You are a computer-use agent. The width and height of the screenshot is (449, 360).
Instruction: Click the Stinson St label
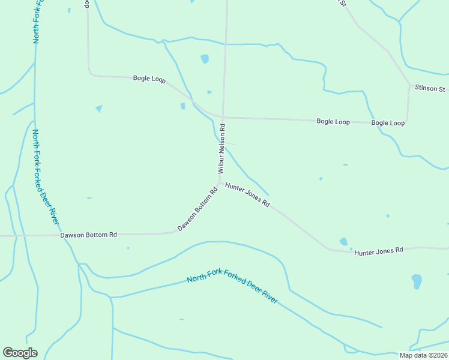pyautogui.click(x=430, y=89)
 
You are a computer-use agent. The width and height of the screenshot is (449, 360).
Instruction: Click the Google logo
pyautogui.click(x=20, y=352)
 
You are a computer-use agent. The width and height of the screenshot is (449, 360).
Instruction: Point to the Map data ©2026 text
pyautogui.click(x=424, y=355)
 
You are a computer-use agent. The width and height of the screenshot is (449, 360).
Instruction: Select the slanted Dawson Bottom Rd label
pyautogui.click(x=197, y=210)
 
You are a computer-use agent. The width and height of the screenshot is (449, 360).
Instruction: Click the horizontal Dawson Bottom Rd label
pyautogui.click(x=88, y=235)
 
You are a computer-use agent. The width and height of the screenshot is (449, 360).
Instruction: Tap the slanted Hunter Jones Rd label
pyautogui.click(x=247, y=196)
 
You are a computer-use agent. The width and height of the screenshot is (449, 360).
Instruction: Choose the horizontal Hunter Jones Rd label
pyautogui.click(x=378, y=251)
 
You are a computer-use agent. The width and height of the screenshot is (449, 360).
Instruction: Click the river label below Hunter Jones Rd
pyautogui.click(x=232, y=286)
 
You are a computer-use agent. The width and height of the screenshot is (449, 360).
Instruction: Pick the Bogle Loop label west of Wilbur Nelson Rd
pyautogui.click(x=149, y=79)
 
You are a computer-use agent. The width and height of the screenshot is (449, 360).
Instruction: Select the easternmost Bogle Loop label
pyautogui.click(x=388, y=123)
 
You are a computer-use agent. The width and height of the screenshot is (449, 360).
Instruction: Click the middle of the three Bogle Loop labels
pyautogui.click(x=333, y=122)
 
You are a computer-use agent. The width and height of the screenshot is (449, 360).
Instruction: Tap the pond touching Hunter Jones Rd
pyautogui.click(x=343, y=242)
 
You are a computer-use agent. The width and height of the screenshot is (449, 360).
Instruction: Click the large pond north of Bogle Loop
pyautogui.click(x=205, y=59)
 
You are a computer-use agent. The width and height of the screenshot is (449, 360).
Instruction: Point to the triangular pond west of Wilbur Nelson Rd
pyautogui.click(x=98, y=109)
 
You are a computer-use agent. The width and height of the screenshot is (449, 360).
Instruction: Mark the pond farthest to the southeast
pyautogui.click(x=417, y=281)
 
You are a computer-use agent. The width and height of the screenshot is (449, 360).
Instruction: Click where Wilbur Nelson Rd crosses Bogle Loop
pyautogui.click(x=223, y=118)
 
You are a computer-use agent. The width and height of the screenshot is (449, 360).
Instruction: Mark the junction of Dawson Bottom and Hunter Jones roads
pyautogui.click(x=220, y=182)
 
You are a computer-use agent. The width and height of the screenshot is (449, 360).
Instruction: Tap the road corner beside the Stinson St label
pyautogui.click(x=410, y=86)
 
